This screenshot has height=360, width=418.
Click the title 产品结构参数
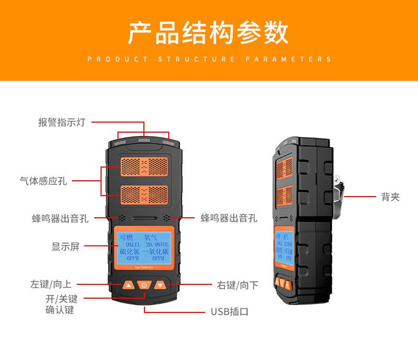tap(208, 33)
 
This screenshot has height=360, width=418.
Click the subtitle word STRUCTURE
tap(197, 59)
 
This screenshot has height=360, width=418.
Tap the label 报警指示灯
tap(61, 123)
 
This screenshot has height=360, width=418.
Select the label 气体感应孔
tap(43, 181)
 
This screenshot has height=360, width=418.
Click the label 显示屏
tap(66, 246)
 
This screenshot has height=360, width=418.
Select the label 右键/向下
tap(238, 285)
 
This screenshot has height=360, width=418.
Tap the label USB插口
tap(230, 311)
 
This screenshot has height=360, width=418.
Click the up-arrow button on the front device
tap(128, 285)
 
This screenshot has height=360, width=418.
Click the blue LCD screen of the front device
tap(144, 247)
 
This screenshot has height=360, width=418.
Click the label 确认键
tap(60, 310)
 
